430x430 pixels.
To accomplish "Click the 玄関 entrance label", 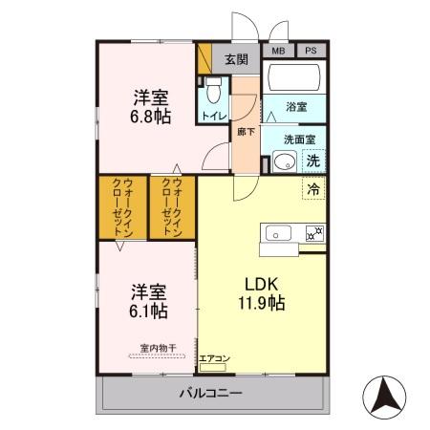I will (236, 58).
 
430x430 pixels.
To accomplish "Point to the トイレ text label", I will (213, 117).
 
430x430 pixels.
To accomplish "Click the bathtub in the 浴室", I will (295, 78).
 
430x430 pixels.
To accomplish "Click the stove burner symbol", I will (313, 232).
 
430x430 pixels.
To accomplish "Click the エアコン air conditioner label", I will (214, 359).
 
